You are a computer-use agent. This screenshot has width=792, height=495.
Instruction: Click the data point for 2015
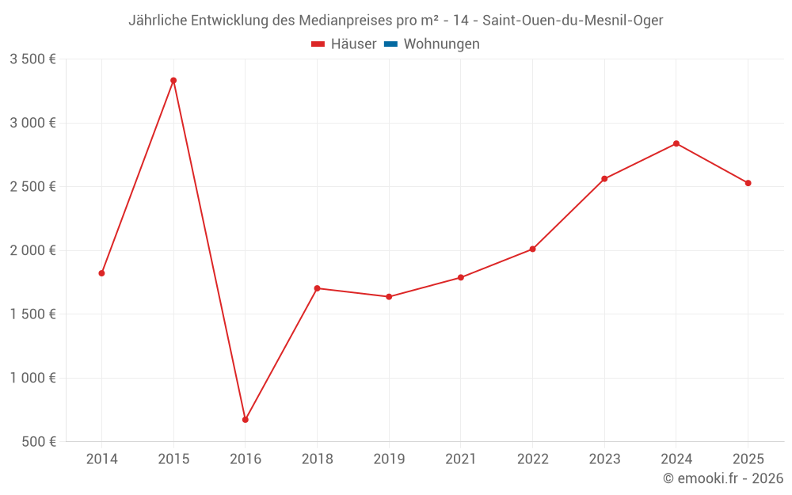click(x=173, y=80)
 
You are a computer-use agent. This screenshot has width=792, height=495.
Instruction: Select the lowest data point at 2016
click(x=246, y=420)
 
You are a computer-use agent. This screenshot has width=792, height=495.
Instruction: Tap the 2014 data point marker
click(x=101, y=273)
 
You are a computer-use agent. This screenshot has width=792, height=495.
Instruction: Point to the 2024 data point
click(x=676, y=143)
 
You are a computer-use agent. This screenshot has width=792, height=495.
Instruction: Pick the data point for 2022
click(x=532, y=249)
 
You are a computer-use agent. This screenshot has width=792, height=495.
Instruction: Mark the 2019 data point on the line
click(x=389, y=297)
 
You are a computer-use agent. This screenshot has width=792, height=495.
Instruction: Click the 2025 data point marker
click(x=748, y=183)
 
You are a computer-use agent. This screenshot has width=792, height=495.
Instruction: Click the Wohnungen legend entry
click(x=441, y=44)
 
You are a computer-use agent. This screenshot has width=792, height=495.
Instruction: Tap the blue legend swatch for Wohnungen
click(x=390, y=44)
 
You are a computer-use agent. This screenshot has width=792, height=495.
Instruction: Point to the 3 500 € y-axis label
click(x=32, y=59)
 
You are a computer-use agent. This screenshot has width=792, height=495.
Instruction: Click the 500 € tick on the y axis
click(x=39, y=442)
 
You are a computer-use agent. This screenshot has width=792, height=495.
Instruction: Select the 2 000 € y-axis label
click(x=32, y=250)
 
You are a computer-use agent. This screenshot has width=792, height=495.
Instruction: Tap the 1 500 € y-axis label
click(x=32, y=314)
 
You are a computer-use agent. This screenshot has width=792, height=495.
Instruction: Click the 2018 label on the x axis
click(x=317, y=459)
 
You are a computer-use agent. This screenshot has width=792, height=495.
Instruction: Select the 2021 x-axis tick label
click(x=461, y=459)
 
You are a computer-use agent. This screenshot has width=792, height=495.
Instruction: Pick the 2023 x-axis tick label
click(x=604, y=459)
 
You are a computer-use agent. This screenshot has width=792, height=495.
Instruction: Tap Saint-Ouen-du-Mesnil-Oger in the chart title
click(x=573, y=21)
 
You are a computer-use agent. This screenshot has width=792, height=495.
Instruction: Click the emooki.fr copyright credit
click(x=723, y=478)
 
